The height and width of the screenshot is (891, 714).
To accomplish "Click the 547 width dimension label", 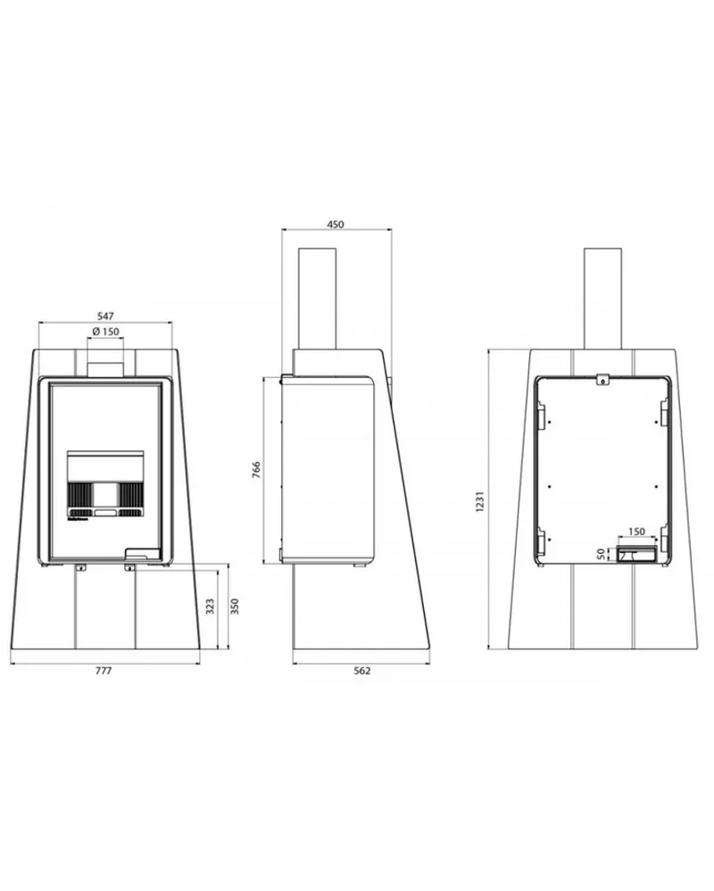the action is point(105,316).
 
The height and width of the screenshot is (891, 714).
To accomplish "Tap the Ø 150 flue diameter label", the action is point(105,331).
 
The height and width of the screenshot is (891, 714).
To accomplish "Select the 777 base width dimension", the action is point(104,671).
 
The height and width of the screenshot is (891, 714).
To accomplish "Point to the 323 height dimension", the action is point(211,606).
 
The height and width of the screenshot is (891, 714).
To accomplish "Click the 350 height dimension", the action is point(235,606).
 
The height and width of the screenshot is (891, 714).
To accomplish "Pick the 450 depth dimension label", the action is point(336,225).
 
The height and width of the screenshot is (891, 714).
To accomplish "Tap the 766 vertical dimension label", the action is point(256,470).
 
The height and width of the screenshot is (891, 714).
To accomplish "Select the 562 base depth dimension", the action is point(362,671).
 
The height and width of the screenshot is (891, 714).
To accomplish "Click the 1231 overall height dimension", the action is point(480,500).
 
